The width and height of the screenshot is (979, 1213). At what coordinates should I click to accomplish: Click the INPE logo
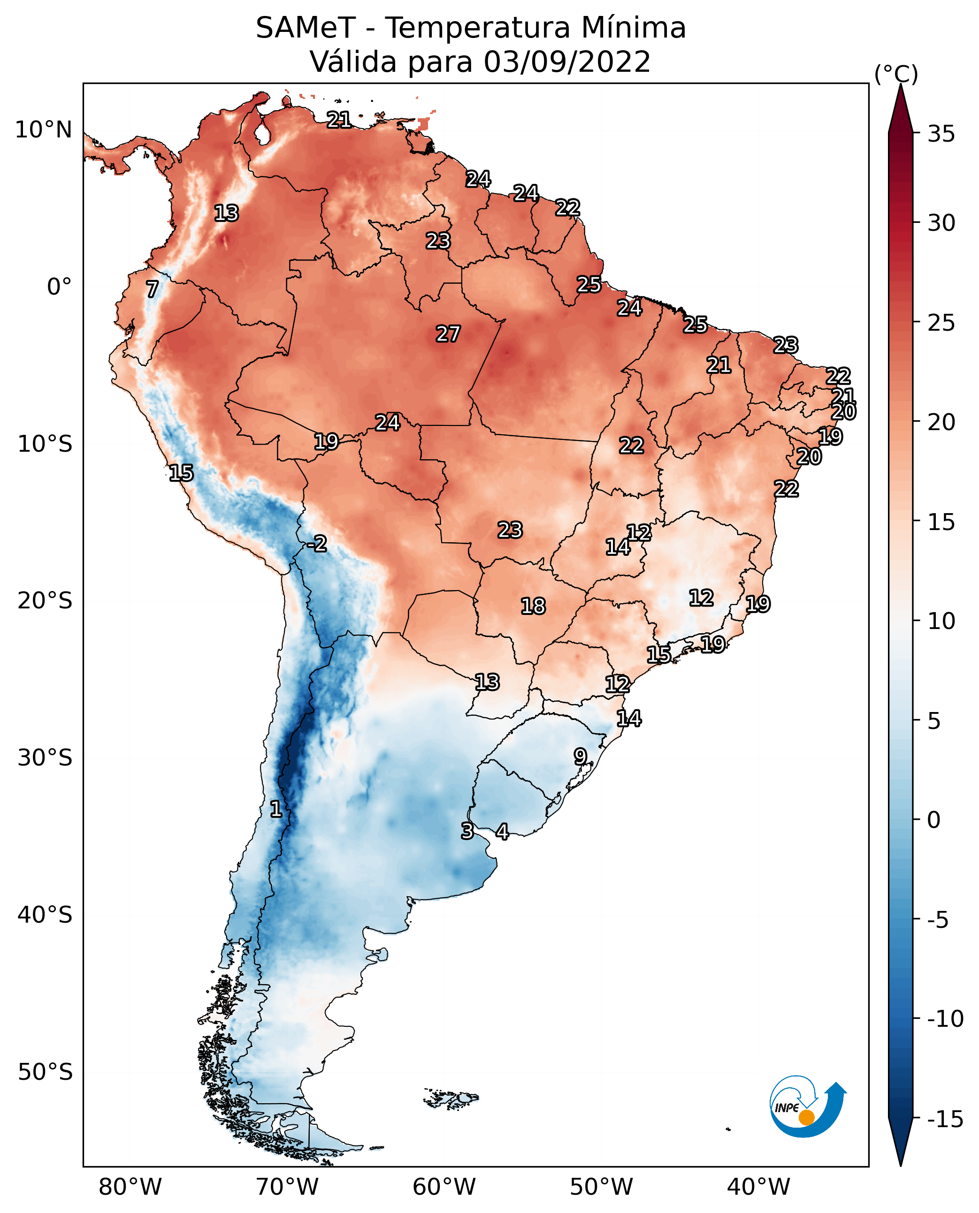(x=807, y=1108)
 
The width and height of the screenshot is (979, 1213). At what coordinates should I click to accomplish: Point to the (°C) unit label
(x=895, y=74)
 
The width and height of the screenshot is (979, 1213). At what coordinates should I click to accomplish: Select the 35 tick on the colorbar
(x=941, y=134)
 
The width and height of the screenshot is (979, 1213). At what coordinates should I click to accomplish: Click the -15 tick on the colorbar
(x=945, y=1120)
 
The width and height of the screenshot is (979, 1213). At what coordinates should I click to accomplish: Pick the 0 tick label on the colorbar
(x=934, y=820)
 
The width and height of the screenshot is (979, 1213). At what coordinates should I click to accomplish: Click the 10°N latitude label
(x=44, y=130)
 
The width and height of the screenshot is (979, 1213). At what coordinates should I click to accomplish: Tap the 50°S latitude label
(x=45, y=1071)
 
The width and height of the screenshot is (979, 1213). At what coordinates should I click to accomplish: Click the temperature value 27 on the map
(x=448, y=334)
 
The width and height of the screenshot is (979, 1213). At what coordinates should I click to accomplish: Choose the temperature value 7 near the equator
(x=152, y=289)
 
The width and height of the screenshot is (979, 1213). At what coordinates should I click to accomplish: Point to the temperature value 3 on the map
(x=467, y=831)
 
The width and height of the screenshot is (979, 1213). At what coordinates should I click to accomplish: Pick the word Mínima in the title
(x=633, y=28)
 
